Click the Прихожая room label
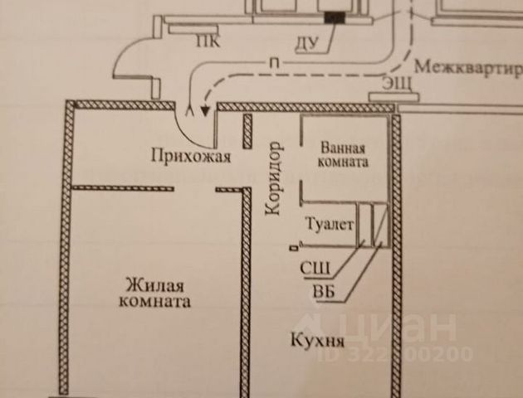tap(191, 156)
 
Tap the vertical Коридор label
tap(273, 178)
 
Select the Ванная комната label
tap(343, 154)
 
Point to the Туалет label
tap(330, 224)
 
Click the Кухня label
tap(317, 340)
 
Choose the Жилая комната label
tap(154, 294)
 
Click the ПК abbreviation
tap(208, 42)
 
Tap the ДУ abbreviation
tap(307, 43)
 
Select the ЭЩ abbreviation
tap(397, 83)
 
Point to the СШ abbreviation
tap(315, 268)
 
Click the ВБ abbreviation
tap(324, 291)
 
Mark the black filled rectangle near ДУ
tap(335, 17)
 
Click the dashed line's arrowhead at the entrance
tap(205, 110)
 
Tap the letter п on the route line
tap(274, 62)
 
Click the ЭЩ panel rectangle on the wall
tap(393, 97)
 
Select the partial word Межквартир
tap(468, 68)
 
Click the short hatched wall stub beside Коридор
tap(247, 131)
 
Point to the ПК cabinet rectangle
tap(193, 30)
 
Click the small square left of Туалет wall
tap(294, 247)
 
